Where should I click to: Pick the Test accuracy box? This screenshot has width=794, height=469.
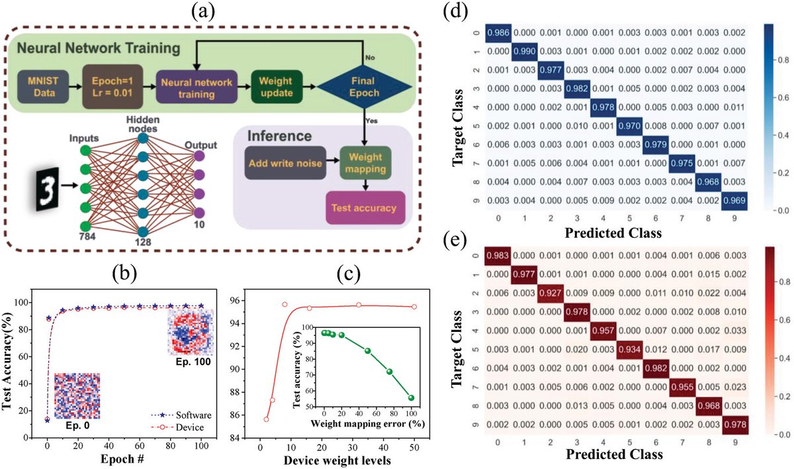point(365,209)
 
